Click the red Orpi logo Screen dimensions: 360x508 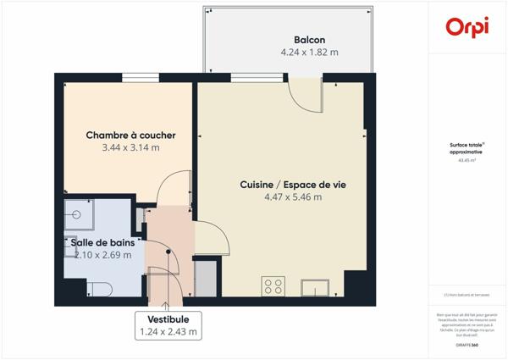[467, 26]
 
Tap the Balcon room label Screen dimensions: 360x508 [309, 40]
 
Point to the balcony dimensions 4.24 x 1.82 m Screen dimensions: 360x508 [309, 53]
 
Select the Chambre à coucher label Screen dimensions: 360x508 [130, 136]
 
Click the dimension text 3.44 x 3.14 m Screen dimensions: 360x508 [130, 147]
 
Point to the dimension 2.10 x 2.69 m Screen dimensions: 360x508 [102, 254]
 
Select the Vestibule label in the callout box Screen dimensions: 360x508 [168, 318]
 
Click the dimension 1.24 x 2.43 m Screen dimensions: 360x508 [168, 332]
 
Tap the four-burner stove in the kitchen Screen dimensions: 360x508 [273, 286]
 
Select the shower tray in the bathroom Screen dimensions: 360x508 [80, 216]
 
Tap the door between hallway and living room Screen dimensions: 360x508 [213, 237]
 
